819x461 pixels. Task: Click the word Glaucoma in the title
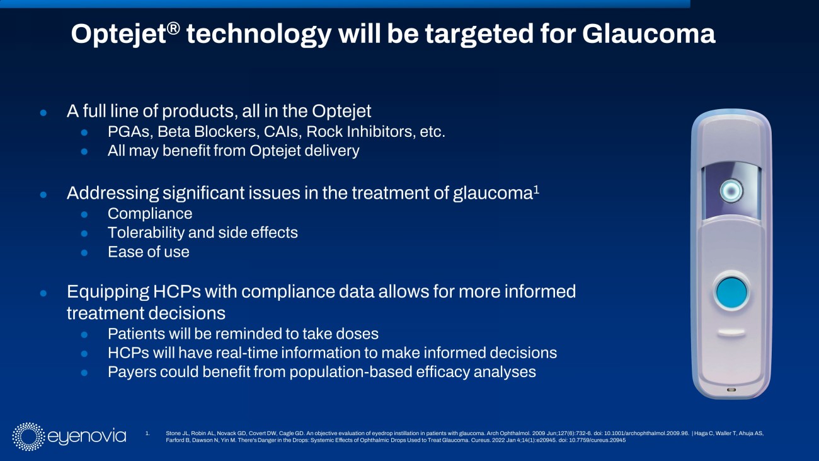649,34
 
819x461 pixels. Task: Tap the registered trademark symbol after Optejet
174,28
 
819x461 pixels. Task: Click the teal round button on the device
731,291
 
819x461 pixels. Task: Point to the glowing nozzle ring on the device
731,190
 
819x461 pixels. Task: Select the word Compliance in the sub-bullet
150,213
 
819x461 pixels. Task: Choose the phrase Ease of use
149,252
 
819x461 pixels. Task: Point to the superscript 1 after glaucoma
536,189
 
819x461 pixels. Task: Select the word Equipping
108,292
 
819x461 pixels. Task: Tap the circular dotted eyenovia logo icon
28,436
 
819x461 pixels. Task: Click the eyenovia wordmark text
87,436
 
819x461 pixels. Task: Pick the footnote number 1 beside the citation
147,433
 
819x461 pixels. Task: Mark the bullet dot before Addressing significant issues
43,195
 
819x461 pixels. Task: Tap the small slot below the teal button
731,332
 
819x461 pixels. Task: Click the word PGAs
130,132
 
